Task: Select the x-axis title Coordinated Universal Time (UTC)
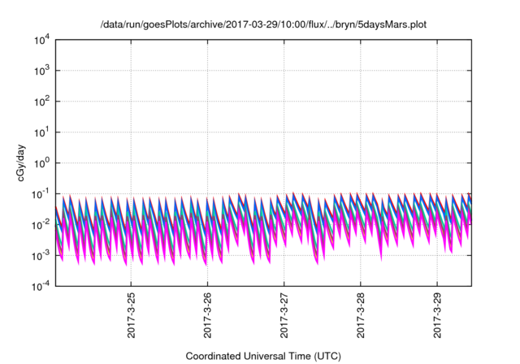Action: [x=262, y=356]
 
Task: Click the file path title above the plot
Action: [x=262, y=24]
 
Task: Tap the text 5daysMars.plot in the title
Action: [x=386, y=24]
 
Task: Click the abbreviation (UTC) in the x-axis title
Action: [x=323, y=356]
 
